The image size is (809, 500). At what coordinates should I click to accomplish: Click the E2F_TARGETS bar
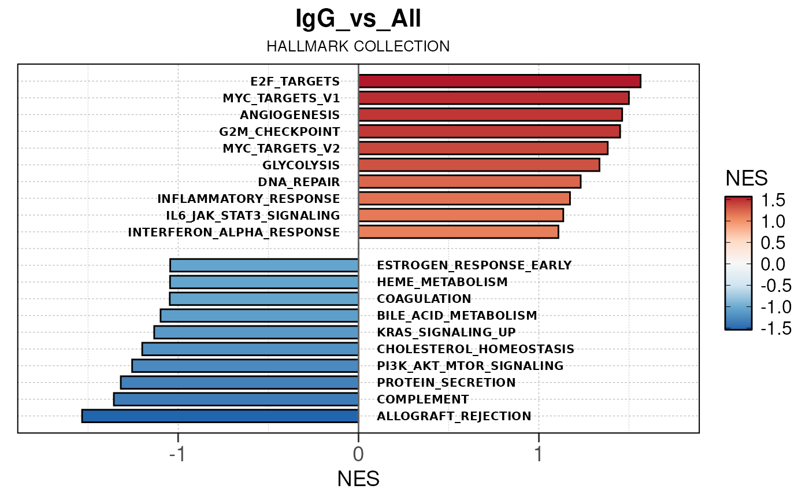coord(499,81)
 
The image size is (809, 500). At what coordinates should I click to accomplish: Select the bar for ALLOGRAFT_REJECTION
coord(220,416)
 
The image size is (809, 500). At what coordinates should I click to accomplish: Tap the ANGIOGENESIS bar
coord(490,114)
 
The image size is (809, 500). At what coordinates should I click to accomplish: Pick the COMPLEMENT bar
coord(236,399)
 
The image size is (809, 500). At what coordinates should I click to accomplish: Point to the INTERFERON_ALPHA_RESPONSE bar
coord(458,232)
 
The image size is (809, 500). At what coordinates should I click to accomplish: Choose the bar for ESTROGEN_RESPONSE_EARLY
coord(264,265)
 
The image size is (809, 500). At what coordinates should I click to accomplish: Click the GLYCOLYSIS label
coord(301,165)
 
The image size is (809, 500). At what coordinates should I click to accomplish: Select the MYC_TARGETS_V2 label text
coord(281,149)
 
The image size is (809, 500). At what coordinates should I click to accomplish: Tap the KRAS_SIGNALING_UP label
coord(446,332)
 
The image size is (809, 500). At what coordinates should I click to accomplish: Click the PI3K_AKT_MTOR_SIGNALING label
coord(470,366)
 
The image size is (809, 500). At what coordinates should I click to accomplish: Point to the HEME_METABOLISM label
coord(442,282)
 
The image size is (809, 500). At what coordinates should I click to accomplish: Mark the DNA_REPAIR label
coord(299,182)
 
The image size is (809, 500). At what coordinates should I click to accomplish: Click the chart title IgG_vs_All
coord(358,20)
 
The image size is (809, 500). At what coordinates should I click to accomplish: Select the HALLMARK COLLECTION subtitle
coord(358,46)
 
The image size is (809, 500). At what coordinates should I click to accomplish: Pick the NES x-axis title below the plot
coord(358,479)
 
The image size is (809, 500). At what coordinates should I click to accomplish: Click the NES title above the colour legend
coord(747,178)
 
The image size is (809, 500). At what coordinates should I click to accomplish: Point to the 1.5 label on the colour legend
coord(773,201)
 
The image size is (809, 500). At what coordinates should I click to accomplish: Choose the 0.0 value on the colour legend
coord(773,264)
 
